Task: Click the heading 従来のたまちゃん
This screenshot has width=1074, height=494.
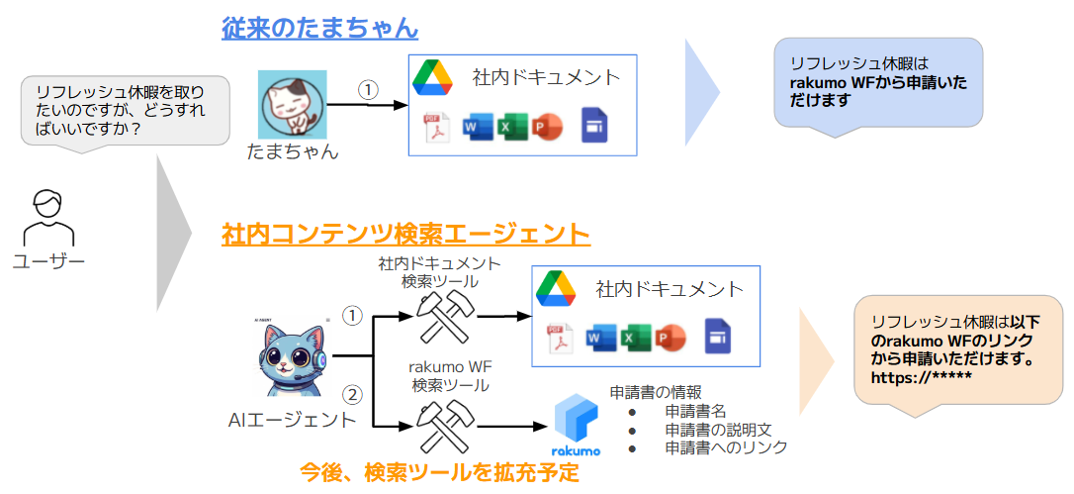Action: (x=319, y=27)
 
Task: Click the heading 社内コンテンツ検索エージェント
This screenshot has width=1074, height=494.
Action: (x=405, y=235)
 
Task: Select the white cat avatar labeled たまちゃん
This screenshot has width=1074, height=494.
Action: (x=293, y=103)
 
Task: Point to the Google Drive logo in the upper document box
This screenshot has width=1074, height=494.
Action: (x=432, y=76)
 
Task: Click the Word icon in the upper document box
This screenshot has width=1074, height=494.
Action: (x=477, y=128)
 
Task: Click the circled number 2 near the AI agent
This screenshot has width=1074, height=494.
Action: (x=352, y=394)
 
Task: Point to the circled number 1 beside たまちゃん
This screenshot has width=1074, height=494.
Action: (x=368, y=89)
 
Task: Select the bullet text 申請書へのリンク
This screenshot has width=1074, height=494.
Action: (x=726, y=447)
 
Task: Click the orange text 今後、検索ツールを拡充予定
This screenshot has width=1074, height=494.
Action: (x=439, y=472)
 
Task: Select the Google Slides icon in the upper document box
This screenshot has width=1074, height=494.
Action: (x=594, y=126)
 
